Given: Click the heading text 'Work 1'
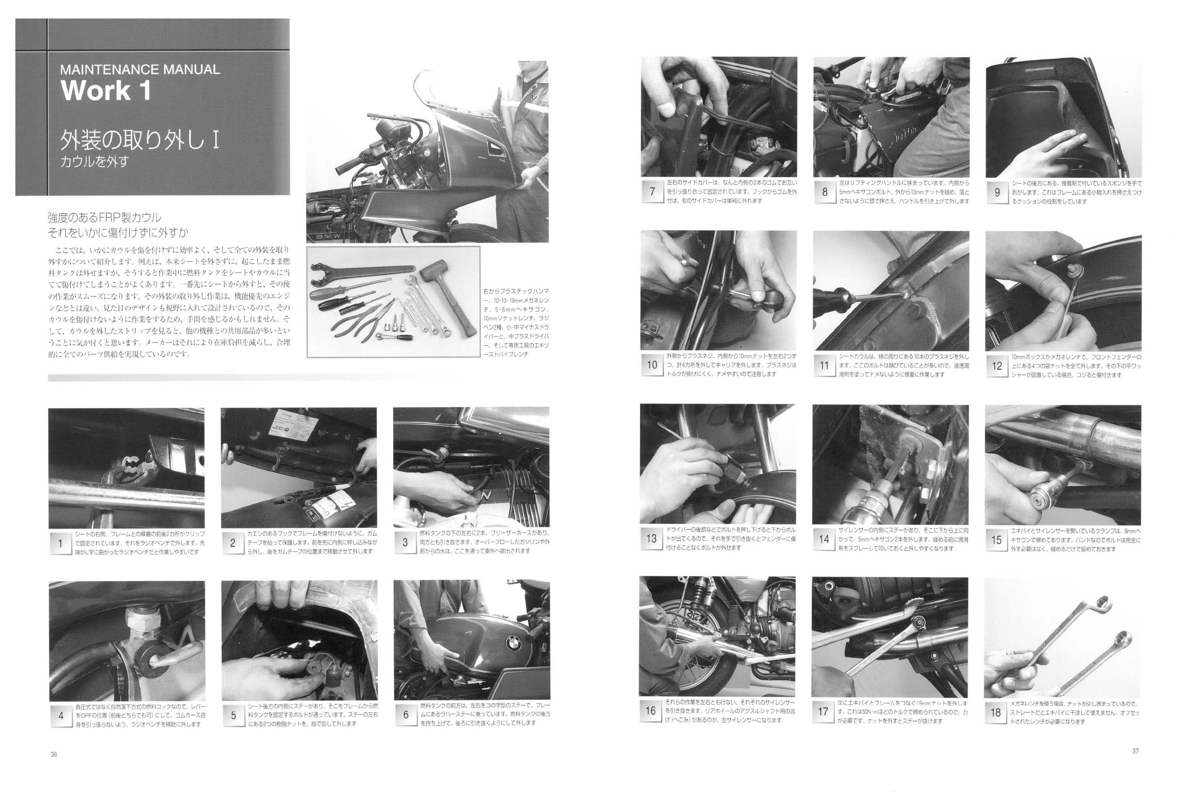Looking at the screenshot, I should (105, 91).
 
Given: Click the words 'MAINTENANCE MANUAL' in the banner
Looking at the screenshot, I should (140, 70).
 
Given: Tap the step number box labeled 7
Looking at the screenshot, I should (652, 192).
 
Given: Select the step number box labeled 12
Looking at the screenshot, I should (997, 365).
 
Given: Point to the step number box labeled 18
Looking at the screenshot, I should (996, 712).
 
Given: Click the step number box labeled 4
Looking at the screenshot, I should (60, 715).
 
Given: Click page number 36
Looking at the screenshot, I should (54, 755).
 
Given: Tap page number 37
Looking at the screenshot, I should (1135, 751).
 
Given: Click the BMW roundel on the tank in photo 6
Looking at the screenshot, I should (514, 643).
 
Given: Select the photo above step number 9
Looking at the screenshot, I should (1063, 117).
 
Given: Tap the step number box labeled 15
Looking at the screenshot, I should (996, 540).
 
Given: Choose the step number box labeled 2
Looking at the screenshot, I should (232, 543).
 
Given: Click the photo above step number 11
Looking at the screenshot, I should (891, 290).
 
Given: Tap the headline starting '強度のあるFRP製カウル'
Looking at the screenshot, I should (105, 218).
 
